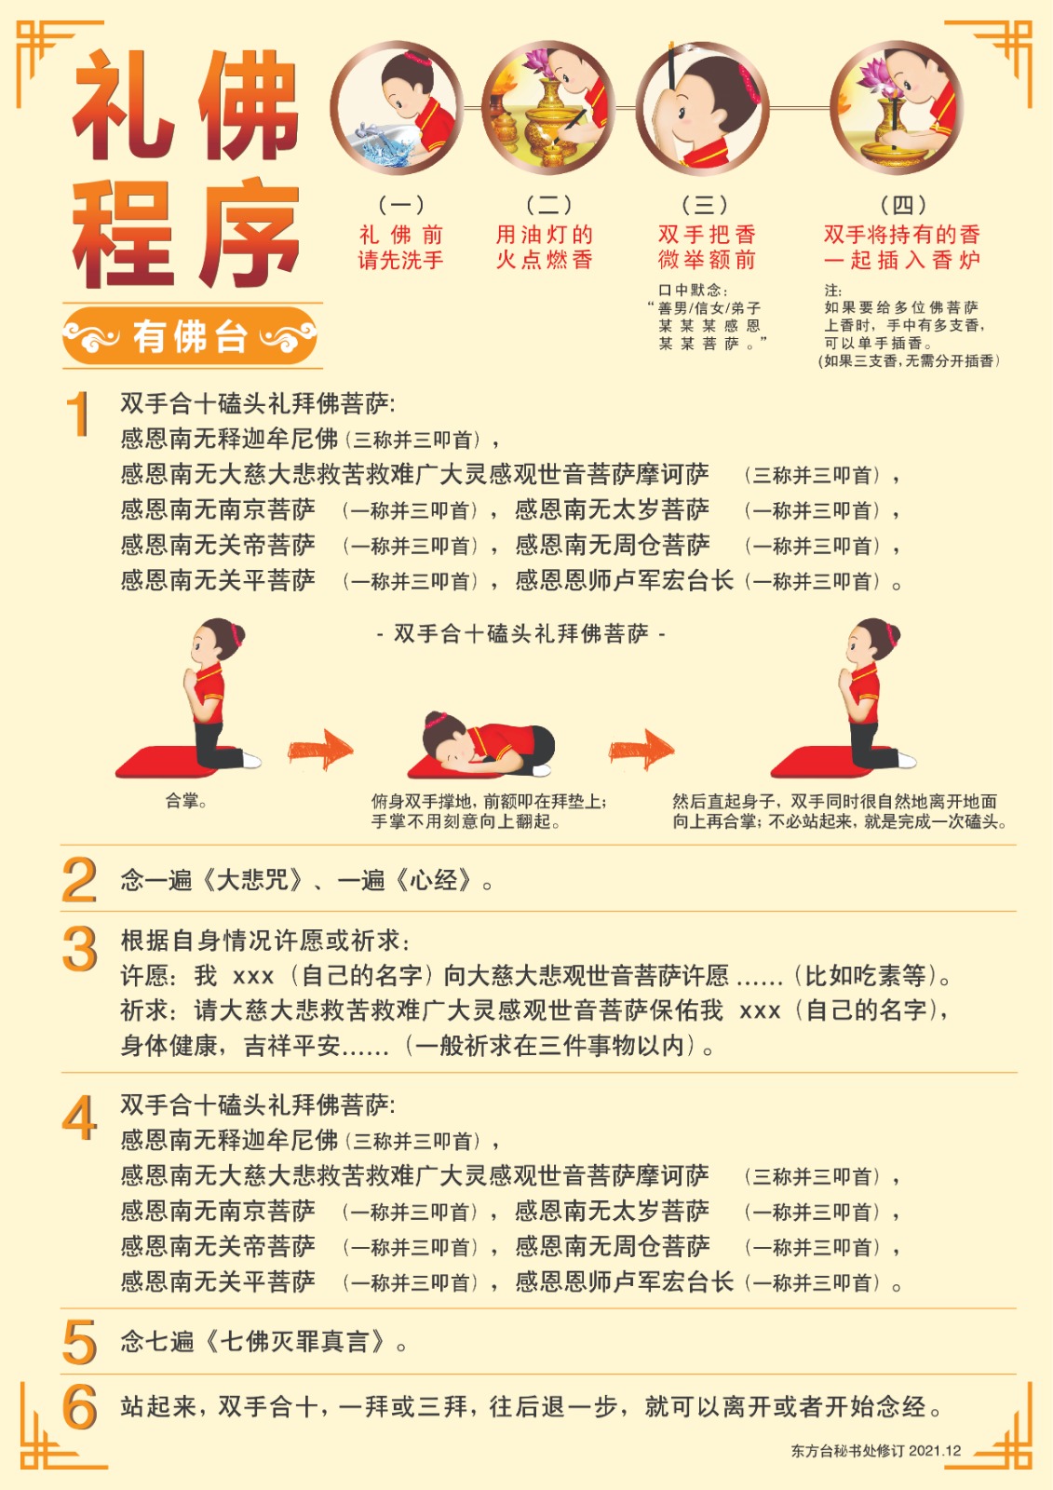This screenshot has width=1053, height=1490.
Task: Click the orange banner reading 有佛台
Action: pyautogui.click(x=190, y=336)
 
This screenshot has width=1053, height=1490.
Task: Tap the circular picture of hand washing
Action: pyautogui.click(x=398, y=108)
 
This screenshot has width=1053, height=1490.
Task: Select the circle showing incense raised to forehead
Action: pyautogui.click(x=703, y=108)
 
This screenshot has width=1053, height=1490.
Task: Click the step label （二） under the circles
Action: pyautogui.click(x=548, y=204)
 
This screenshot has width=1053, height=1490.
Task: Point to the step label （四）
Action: pyautogui.click(x=903, y=204)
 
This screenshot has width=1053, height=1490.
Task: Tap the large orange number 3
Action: pyautogui.click(x=80, y=949)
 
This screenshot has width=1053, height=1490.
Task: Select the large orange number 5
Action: pyautogui.click(x=80, y=1342)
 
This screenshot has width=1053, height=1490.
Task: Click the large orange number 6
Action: pyautogui.click(x=80, y=1407)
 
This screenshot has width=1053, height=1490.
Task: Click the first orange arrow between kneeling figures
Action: pyautogui.click(x=320, y=751)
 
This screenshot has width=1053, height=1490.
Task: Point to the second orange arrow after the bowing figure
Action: pyautogui.click(x=641, y=751)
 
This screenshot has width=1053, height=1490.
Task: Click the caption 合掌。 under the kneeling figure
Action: pyautogui.click(x=186, y=801)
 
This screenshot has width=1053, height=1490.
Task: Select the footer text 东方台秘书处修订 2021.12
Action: pyautogui.click(x=876, y=1451)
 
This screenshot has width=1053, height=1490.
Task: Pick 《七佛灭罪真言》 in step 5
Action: pyautogui.click(x=295, y=1342)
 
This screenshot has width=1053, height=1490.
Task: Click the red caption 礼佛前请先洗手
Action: pyautogui.click(x=400, y=247)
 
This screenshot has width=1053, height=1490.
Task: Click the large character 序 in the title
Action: pyautogui.click(x=250, y=233)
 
